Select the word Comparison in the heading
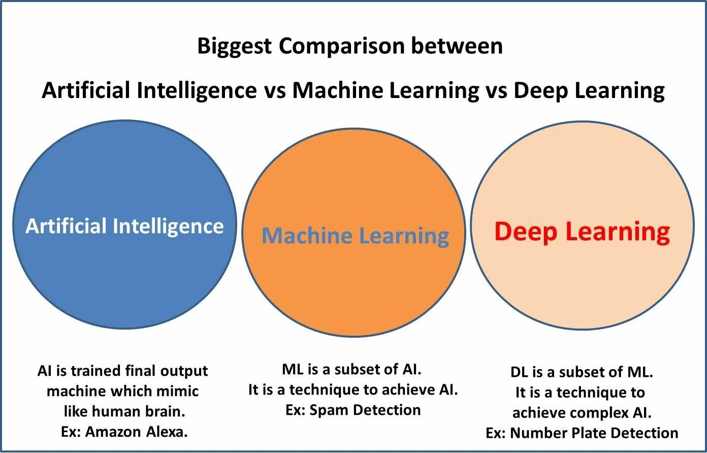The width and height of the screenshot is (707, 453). (x=341, y=47)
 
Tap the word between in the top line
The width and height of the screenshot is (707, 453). (x=457, y=47)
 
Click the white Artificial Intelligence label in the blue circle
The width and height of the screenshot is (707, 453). (x=124, y=226)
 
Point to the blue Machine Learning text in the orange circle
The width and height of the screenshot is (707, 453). (x=355, y=236)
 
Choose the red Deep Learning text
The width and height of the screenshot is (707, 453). (x=582, y=232)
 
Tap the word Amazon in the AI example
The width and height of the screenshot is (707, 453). (x=113, y=432)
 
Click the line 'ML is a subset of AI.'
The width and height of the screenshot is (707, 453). (x=352, y=369)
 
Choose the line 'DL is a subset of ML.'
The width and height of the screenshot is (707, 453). (x=582, y=372)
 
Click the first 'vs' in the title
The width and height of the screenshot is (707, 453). (x=274, y=91)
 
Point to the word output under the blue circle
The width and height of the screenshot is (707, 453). (x=184, y=371)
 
